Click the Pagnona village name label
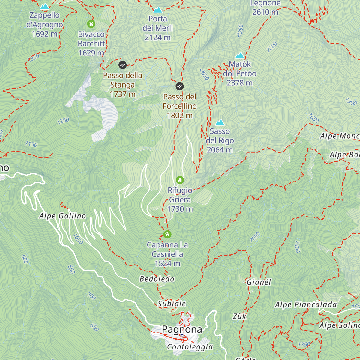click(x=182, y=329)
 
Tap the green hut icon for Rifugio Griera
click(x=180, y=180)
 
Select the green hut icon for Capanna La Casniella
click(x=167, y=234)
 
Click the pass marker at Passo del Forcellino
click(x=180, y=86)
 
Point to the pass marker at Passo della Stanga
click(x=122, y=65)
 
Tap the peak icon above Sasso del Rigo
click(x=220, y=122)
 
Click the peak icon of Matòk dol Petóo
click(x=240, y=55)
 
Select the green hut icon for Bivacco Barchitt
click(x=91, y=24)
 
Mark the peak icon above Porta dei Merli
click(x=157, y=10)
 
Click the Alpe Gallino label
click(x=62, y=216)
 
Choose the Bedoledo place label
click(x=157, y=279)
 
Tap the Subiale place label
click(x=172, y=304)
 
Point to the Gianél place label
click(x=259, y=282)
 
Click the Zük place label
click(x=239, y=316)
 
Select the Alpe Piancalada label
click(x=306, y=305)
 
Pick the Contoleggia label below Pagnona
click(x=190, y=347)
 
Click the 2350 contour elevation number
click(x=240, y=31)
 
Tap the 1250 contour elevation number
click(x=63, y=121)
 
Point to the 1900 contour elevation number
click(x=351, y=101)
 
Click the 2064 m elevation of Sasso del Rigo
click(x=220, y=150)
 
